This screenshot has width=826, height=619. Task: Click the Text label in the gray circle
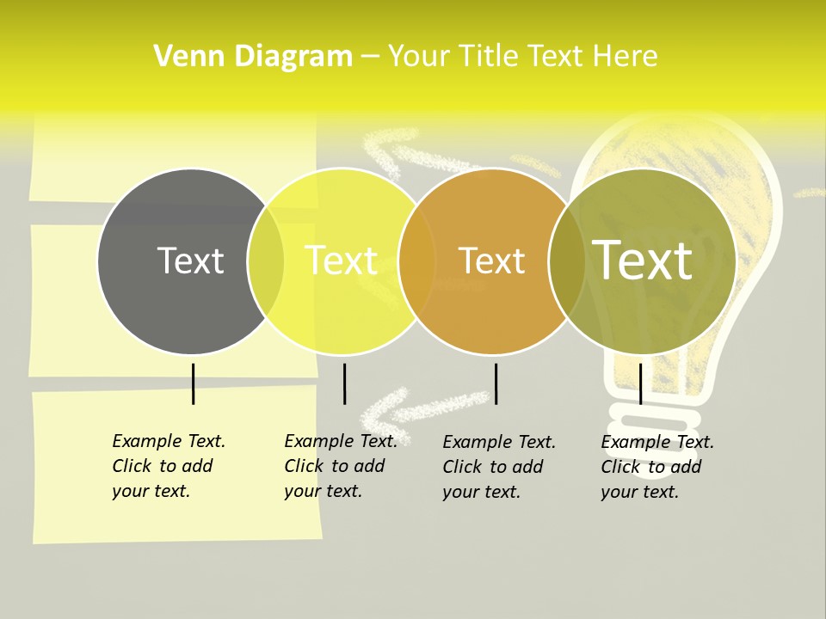(190, 260)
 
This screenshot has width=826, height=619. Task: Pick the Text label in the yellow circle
(341, 260)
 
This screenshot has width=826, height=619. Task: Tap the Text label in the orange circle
(491, 260)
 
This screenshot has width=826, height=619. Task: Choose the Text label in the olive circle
(642, 260)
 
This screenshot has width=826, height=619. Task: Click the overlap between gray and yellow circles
(266, 261)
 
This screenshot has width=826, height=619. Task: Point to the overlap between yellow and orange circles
(416, 261)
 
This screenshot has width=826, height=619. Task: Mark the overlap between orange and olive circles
(566, 261)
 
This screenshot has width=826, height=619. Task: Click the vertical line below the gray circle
(194, 383)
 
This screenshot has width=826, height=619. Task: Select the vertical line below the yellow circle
(344, 383)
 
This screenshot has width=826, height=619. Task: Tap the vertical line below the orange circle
(496, 383)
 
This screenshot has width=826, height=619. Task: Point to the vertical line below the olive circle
(640, 383)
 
